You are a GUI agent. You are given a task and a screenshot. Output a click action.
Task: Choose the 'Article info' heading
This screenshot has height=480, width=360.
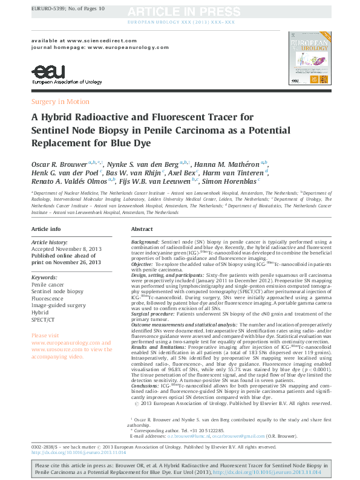point(46,230)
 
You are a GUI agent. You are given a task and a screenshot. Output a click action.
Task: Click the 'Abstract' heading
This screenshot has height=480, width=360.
point(142,230)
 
